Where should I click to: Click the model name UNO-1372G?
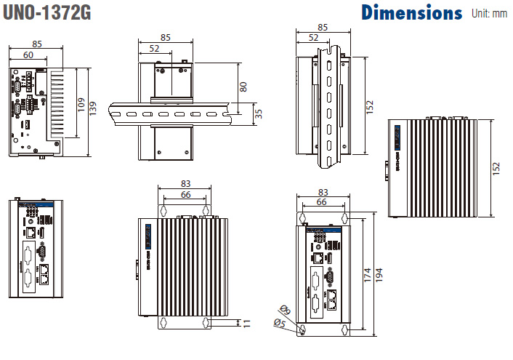pyautogui.click(x=46, y=13)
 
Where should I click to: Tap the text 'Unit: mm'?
pyautogui.click(x=490, y=13)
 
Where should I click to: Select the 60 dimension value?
pyautogui.click(x=27, y=55)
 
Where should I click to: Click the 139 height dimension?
pyautogui.click(x=93, y=107)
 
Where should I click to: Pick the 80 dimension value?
pyautogui.click(x=243, y=86)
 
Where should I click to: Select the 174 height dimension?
pyautogui.click(x=367, y=275)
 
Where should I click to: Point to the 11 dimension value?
pyautogui.click(x=246, y=322)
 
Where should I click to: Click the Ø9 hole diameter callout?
pyautogui.click(x=285, y=311)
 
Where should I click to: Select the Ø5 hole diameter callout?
pyautogui.click(x=278, y=323)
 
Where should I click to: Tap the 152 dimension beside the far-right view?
pyautogui.click(x=496, y=168)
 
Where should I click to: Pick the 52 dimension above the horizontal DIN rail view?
pyautogui.click(x=154, y=48)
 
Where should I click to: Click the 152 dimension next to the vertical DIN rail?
pyautogui.click(x=369, y=107)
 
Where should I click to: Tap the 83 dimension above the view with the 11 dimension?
pyautogui.click(x=186, y=184)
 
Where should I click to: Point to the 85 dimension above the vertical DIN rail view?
pyautogui.click(x=323, y=27)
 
